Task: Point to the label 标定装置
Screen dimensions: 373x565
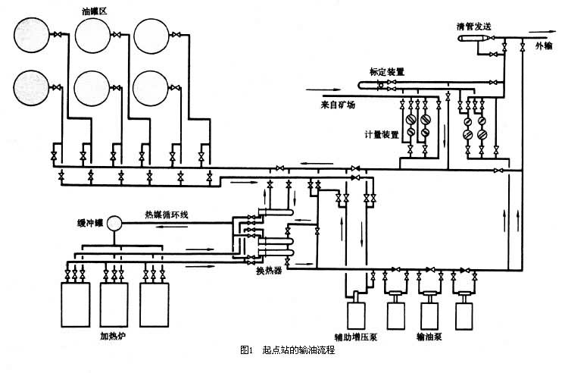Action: (x=386, y=71)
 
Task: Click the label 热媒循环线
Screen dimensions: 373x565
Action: (x=167, y=215)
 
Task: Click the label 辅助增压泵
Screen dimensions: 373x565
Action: (x=355, y=335)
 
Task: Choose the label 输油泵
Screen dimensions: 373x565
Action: (x=429, y=335)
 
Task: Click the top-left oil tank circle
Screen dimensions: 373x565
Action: (x=30, y=35)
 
